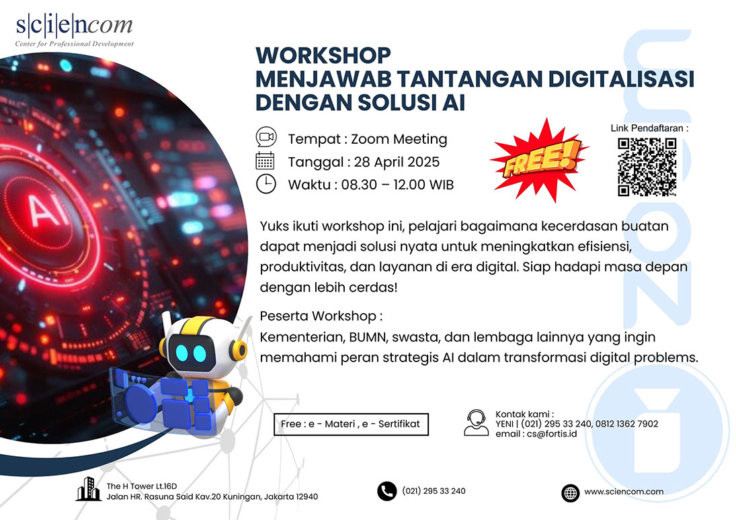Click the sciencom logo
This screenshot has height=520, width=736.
[x=74, y=30]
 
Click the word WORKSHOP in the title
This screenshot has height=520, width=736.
[x=323, y=55]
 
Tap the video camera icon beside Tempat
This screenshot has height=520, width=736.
[x=266, y=137]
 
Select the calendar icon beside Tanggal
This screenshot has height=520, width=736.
[x=265, y=161]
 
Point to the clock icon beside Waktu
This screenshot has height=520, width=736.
[x=265, y=183]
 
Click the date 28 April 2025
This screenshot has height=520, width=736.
[x=397, y=162]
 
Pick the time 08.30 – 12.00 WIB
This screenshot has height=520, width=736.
[x=397, y=185]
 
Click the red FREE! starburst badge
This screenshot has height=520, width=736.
[x=539, y=160]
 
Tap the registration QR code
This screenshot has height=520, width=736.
[x=647, y=167]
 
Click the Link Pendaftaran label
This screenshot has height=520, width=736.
[x=650, y=128]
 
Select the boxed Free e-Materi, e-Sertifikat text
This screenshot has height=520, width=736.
[x=351, y=424]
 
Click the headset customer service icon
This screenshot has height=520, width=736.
[x=476, y=423]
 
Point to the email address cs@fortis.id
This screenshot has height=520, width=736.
[x=552, y=434]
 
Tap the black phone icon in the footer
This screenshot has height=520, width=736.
[x=386, y=491]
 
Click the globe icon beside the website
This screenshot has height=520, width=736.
[x=570, y=492]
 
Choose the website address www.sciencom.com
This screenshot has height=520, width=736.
[x=624, y=492]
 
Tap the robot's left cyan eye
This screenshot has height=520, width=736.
[x=181, y=353]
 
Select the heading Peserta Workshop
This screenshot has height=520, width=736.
[x=321, y=316]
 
